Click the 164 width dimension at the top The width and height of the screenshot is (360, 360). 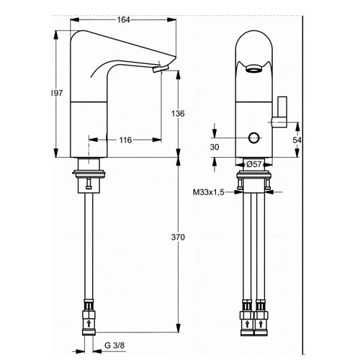click(124, 19)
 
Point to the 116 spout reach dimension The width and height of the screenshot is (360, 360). click(125, 140)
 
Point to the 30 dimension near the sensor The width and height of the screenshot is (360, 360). click(215, 147)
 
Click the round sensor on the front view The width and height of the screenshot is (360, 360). click(253, 138)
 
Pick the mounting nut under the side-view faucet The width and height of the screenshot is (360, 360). click(89, 175)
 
